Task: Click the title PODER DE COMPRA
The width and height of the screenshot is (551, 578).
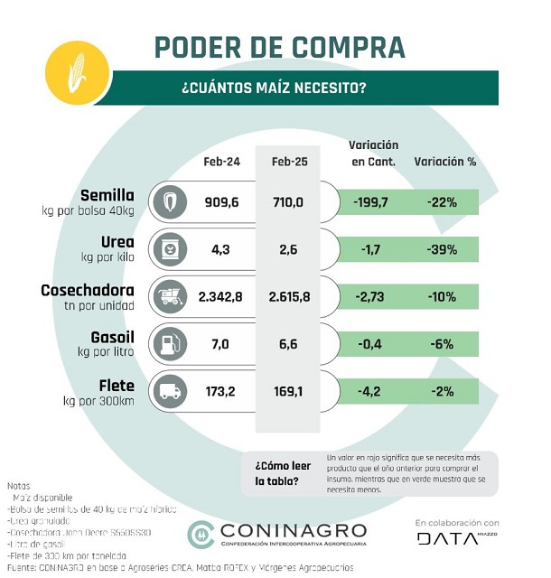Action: tap(279, 47)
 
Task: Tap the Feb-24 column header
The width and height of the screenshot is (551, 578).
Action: tap(221, 162)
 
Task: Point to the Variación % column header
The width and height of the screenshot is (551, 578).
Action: tap(444, 162)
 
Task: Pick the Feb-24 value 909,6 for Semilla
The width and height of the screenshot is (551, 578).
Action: tap(221, 202)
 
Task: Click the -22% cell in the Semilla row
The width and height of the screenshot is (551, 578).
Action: tap(443, 202)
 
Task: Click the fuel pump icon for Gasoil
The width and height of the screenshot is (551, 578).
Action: tap(168, 343)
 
